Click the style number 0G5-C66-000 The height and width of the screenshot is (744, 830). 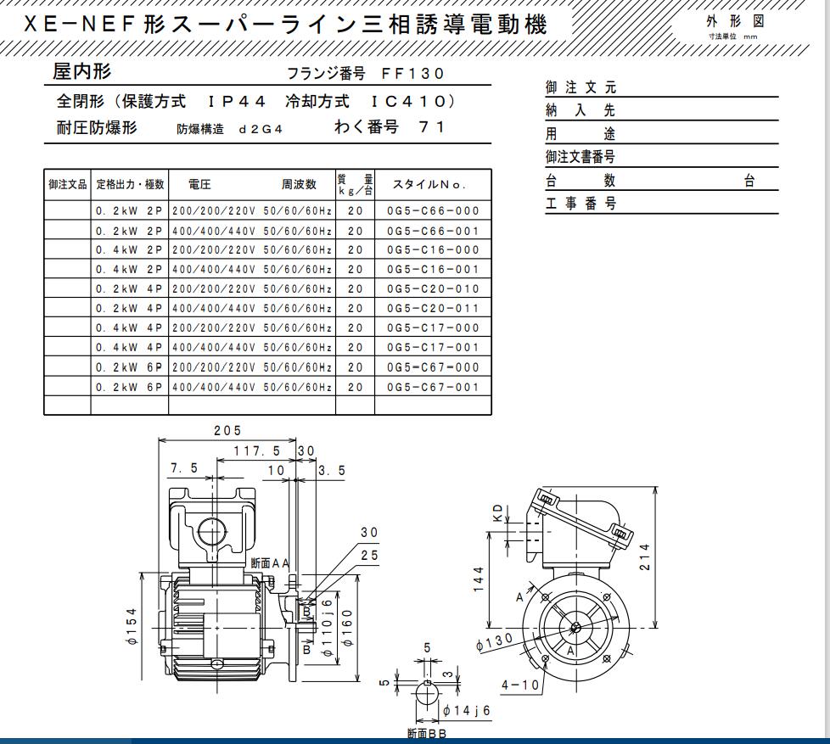[433, 211]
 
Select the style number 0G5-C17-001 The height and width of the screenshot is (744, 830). [433, 348]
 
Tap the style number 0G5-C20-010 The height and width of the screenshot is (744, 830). [433, 289]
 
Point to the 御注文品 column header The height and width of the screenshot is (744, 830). [67, 184]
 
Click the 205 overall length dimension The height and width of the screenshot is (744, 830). [227, 431]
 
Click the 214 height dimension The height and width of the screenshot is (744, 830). [646, 557]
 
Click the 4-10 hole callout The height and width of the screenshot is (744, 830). [519, 684]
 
